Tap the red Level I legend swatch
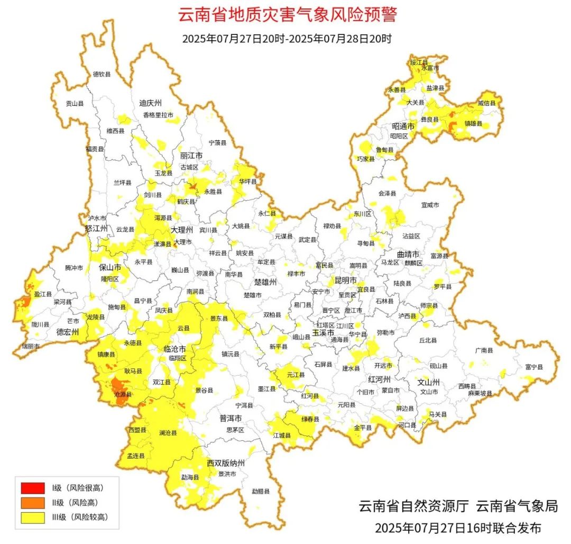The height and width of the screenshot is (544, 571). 33,487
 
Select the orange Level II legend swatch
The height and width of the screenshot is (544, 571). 33,502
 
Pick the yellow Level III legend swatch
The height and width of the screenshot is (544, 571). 33,517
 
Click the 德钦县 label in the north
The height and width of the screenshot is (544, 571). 102,74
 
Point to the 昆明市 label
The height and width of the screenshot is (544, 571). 346,279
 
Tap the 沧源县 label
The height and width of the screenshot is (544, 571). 123,394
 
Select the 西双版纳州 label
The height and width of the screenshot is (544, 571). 226,463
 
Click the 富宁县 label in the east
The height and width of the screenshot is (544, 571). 533,366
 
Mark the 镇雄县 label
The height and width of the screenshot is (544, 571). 473,123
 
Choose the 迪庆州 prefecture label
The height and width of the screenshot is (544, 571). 150,103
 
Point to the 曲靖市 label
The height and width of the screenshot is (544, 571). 409,254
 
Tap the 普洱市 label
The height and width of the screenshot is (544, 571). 231,418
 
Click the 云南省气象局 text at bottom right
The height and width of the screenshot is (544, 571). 517,506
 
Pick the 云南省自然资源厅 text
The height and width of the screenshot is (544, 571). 414,506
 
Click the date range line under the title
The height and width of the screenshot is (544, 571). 287,39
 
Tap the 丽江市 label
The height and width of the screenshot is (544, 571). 191,156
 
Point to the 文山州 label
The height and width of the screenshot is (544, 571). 429,382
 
